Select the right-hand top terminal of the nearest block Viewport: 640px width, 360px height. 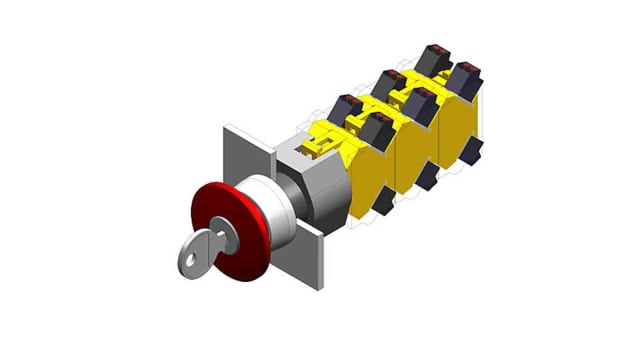(379, 124)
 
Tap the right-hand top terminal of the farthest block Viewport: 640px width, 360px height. (464, 73)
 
